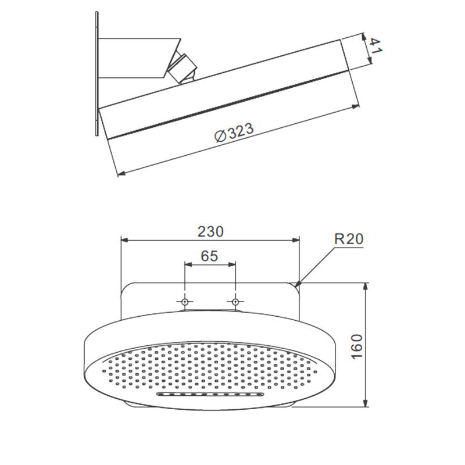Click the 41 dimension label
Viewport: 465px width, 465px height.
[x=375, y=46]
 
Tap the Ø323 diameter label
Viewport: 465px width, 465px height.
[x=234, y=133]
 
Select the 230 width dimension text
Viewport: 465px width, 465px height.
[x=210, y=231]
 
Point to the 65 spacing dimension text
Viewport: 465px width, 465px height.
[x=209, y=256]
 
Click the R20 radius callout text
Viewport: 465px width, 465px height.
[x=349, y=239]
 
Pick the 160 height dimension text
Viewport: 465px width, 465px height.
[x=357, y=346]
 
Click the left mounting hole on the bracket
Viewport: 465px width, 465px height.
[x=185, y=302]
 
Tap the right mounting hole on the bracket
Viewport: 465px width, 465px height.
[x=235, y=302]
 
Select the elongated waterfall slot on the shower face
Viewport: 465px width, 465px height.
[x=210, y=394]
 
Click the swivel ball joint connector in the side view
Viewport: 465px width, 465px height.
[x=181, y=68]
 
